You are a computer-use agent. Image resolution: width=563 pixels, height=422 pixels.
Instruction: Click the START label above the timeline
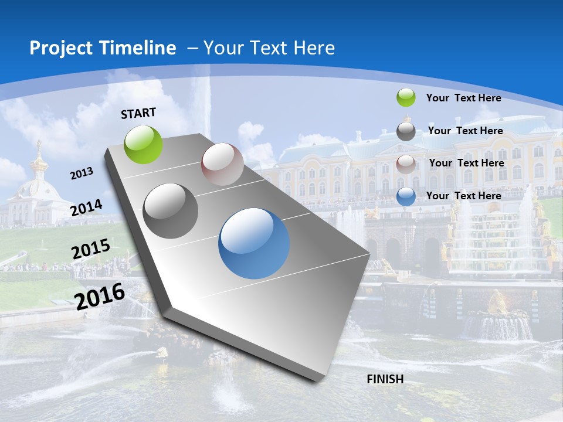pos(138,113)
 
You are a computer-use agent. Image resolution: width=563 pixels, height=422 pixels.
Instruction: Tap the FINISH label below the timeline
pos(385,379)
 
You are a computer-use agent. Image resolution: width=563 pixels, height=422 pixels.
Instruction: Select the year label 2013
pos(82,173)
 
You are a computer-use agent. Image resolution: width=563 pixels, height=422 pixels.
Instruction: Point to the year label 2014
pos(87,208)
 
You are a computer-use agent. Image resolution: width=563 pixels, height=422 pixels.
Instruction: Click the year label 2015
pos(91,249)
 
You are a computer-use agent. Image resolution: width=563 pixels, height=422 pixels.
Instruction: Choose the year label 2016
pos(100,296)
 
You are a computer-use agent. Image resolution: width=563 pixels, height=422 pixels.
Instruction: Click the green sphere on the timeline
pos(144,144)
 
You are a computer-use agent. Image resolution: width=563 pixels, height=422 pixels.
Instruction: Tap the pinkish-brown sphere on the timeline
pos(222,164)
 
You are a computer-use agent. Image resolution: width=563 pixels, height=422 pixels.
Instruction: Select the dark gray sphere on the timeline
pos(171,211)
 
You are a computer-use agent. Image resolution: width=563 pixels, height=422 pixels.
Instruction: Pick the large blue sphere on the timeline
pos(254,243)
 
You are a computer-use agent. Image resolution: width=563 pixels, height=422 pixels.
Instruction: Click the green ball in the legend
pos(406,97)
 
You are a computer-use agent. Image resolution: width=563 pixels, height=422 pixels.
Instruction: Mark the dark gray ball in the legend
pos(406,131)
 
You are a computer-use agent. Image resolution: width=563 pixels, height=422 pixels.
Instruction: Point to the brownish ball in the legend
pos(406,164)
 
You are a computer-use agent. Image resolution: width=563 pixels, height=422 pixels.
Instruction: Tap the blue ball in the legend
pos(406,196)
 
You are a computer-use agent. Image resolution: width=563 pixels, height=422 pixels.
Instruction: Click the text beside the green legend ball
pos(463,98)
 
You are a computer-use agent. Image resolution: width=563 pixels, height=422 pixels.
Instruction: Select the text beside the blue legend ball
pos(463,196)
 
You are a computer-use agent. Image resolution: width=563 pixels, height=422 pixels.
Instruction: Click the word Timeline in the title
pos(138,48)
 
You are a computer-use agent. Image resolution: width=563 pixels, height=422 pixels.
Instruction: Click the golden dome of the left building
pos(39,164)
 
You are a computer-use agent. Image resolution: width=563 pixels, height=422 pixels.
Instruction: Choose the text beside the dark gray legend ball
pos(465,131)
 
